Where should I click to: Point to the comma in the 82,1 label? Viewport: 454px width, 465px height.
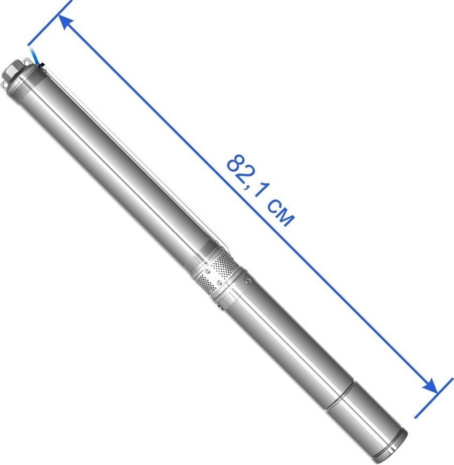tap(248, 184)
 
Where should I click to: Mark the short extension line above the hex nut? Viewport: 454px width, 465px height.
tap(50, 23)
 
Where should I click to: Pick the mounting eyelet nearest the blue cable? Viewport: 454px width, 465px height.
tap(27, 63)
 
